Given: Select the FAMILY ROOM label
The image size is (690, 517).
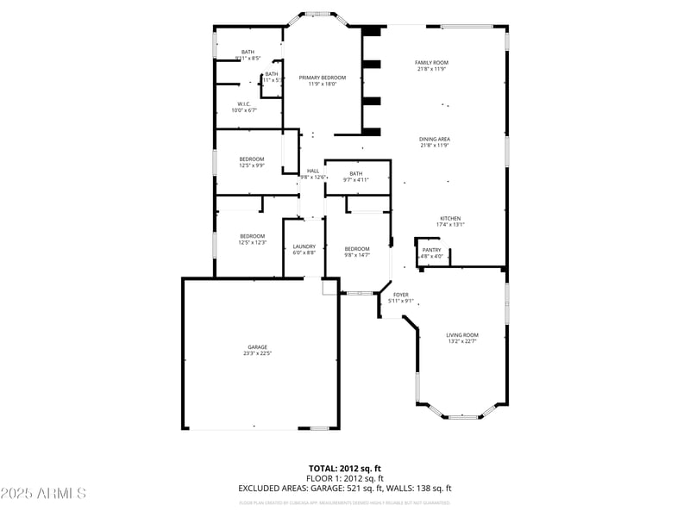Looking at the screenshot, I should coord(431,63).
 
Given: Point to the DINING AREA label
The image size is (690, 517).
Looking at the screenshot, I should coord(435,139).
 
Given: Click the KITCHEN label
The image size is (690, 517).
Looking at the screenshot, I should coord(450,218).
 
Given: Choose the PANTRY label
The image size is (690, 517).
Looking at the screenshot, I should coord(431,250).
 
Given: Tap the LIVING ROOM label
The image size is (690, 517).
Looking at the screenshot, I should coord(462,335).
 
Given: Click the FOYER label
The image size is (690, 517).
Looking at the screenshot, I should coord(401,295).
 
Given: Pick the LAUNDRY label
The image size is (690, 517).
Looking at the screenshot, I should coord(304,246).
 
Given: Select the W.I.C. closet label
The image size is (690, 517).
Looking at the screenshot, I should coord(244,104).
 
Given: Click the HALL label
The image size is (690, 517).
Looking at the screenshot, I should coord(313,171).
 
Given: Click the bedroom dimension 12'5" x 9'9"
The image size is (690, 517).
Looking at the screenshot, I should coord(252,165).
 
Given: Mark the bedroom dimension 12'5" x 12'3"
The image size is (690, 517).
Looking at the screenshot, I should coord(252,242).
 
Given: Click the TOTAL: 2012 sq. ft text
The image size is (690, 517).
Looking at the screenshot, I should coord(345,468).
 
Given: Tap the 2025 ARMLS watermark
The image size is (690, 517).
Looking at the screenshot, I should coord(43,494).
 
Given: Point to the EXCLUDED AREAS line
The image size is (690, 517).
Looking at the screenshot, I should coord(345,489).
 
